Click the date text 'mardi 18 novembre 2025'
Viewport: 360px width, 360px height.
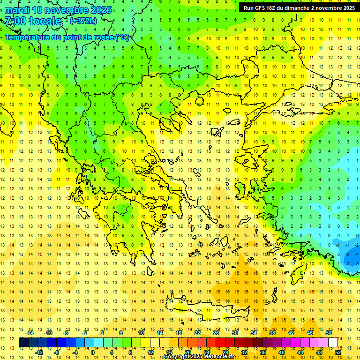58,10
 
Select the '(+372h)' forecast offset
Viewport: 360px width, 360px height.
83,21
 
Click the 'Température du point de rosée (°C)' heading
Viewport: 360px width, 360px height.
67,37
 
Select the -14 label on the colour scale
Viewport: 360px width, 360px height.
30,333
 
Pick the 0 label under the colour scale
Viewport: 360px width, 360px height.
92,352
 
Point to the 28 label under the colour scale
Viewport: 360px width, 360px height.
225,352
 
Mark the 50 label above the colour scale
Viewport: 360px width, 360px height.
329,333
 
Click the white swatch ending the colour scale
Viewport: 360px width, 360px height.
333,343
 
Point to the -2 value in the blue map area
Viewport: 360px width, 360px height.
347,245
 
